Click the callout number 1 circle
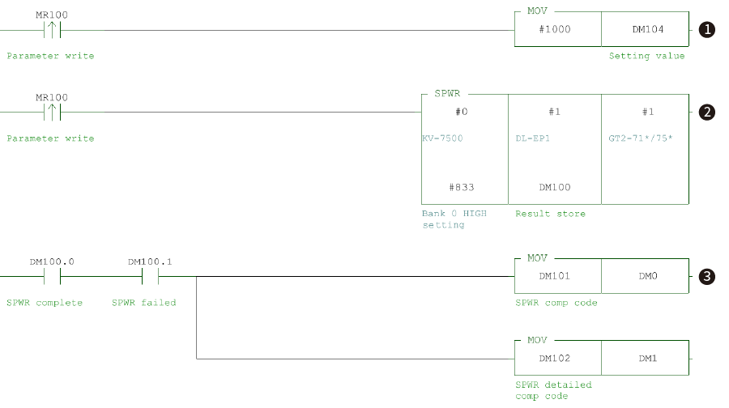point(707,30)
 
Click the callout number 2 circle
point(707,113)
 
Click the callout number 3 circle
point(707,276)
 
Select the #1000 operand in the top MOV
point(558,29)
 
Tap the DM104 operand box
point(646,29)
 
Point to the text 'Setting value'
point(646,56)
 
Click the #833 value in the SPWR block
point(464,187)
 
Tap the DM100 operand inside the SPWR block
point(555,187)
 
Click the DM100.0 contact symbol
point(52,276)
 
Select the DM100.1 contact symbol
point(150,276)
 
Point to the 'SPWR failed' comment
point(143,303)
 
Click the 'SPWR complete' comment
point(45,303)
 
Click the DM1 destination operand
point(646,357)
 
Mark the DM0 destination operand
point(646,275)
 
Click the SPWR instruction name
point(448,94)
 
